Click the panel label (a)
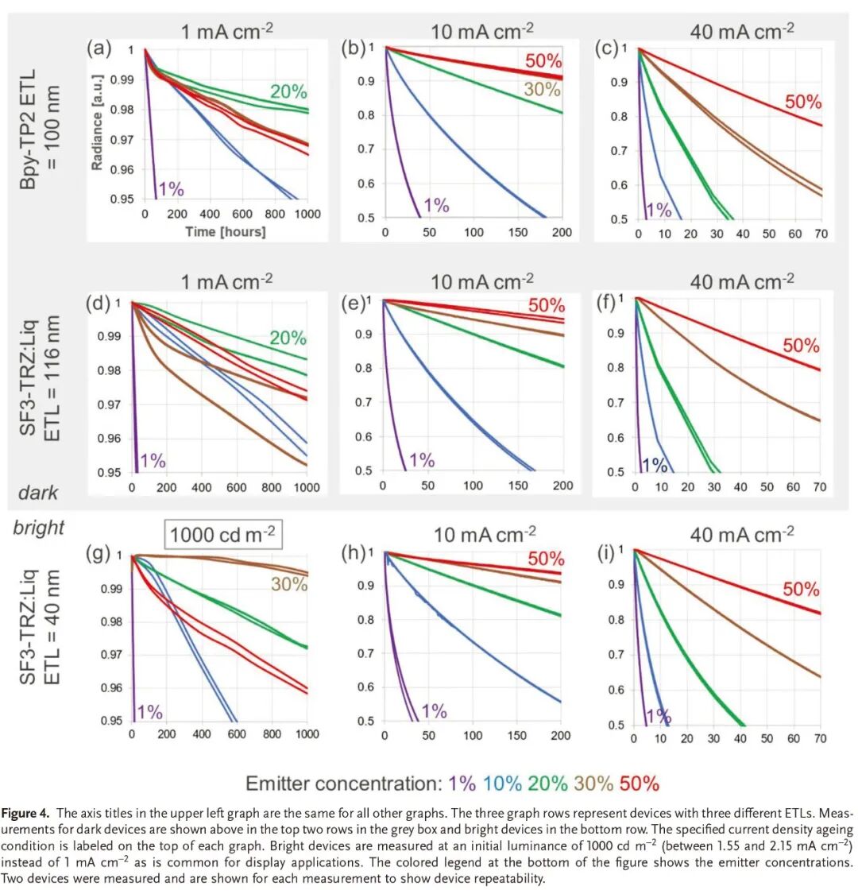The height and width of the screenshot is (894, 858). click(x=99, y=49)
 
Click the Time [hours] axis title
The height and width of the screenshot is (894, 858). click(x=226, y=231)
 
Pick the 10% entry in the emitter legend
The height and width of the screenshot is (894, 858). click(x=502, y=783)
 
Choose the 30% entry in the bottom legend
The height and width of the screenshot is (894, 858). click(x=593, y=783)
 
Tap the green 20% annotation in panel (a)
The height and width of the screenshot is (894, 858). click(x=288, y=91)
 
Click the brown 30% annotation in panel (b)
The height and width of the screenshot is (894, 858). click(x=542, y=90)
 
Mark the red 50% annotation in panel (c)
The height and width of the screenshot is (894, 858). click(x=803, y=102)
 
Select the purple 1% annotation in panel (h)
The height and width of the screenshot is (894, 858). click(x=434, y=711)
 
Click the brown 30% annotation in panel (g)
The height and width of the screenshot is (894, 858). click(x=288, y=584)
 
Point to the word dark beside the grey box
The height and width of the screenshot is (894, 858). click(x=38, y=493)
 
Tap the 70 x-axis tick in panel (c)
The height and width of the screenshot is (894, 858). click(x=821, y=234)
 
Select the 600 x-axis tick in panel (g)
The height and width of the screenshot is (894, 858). click(x=237, y=734)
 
